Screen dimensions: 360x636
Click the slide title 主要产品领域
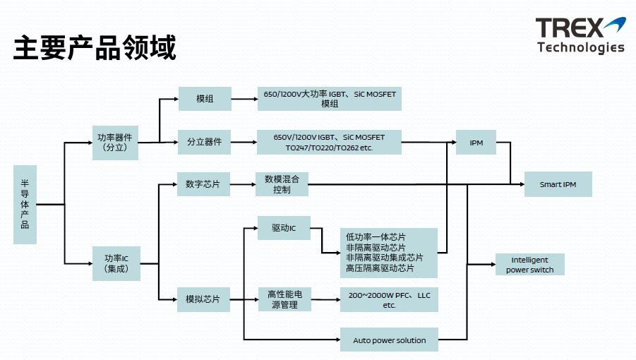click(95, 47)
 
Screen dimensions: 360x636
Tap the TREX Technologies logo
click(580, 35)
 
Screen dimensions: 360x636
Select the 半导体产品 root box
click(25, 205)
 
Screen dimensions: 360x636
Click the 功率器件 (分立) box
click(114, 143)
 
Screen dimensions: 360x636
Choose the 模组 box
click(205, 99)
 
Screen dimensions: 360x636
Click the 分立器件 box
click(204, 143)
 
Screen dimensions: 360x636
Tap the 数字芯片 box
click(203, 184)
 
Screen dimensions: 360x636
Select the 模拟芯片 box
click(203, 299)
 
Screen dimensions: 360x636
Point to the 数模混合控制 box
click(282, 184)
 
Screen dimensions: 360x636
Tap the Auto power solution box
click(389, 340)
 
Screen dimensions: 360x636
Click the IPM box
click(476, 143)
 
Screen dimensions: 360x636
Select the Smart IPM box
click(558, 184)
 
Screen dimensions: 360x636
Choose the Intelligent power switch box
click(529, 265)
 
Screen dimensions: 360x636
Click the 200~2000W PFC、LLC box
click(389, 300)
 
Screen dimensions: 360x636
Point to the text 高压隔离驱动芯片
click(380, 268)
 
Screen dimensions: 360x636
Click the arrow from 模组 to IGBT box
click(244, 99)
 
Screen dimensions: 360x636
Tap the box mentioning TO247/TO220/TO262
click(330, 143)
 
